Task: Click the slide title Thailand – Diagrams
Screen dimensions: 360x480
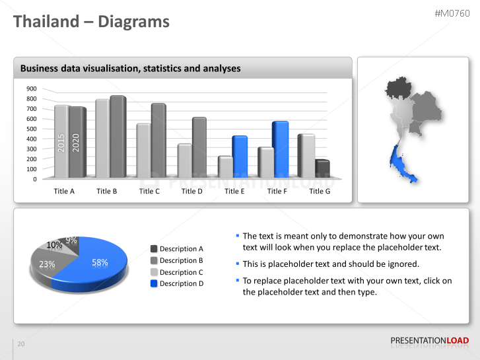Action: coord(92,22)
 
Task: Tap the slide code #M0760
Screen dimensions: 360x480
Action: coord(452,13)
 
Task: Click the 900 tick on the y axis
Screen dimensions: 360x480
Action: coord(32,89)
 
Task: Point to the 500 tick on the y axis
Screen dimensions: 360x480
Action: coord(32,129)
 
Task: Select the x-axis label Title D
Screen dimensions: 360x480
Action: coord(192,191)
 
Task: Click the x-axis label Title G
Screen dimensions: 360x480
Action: coord(320,191)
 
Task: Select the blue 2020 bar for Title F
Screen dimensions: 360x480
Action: coord(280,149)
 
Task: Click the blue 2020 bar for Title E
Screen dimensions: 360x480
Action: coord(239,156)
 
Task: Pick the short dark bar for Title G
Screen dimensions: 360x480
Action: coord(322,168)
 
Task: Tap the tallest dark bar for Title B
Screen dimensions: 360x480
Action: coord(118,137)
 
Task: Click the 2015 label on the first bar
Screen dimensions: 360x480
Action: coord(61,143)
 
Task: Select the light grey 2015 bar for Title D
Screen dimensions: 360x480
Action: coord(185,161)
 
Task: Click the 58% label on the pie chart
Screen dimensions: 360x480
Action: coord(100,262)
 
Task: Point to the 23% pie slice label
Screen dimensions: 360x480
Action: coord(47,264)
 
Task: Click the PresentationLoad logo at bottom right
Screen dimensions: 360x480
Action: coord(429,341)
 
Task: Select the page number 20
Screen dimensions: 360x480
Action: coord(21,344)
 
